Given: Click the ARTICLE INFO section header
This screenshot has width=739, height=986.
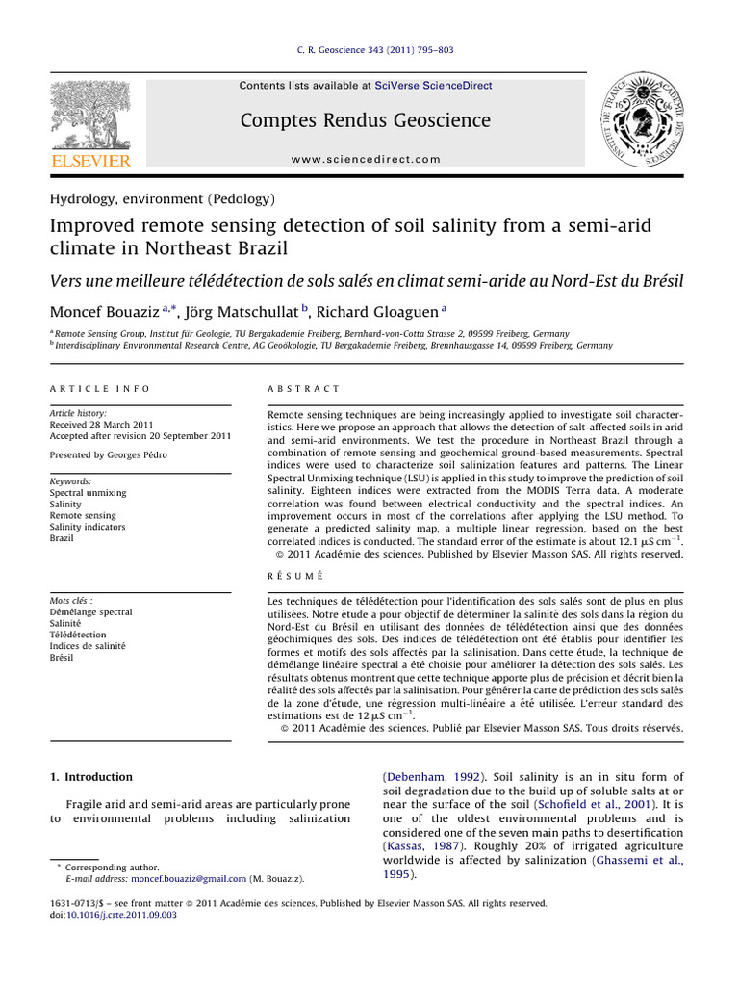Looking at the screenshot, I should coord(99,389).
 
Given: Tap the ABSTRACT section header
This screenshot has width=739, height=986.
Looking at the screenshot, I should coord(303,389).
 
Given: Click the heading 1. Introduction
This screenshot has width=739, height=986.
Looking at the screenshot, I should coord(90,776).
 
